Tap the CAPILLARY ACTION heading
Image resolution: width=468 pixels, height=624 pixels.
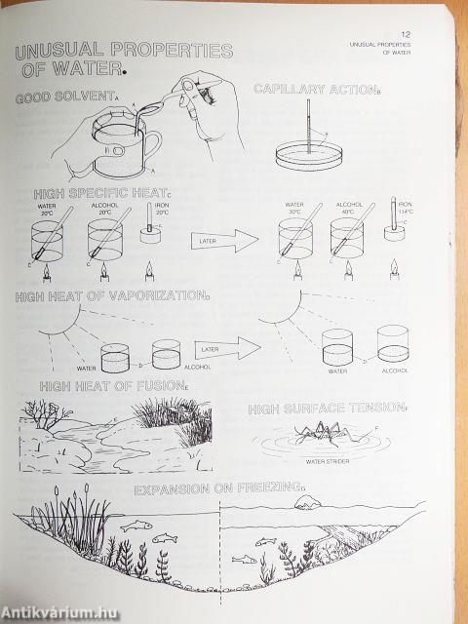pos(314,90)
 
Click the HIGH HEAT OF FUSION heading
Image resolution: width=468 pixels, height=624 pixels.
pos(113,387)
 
